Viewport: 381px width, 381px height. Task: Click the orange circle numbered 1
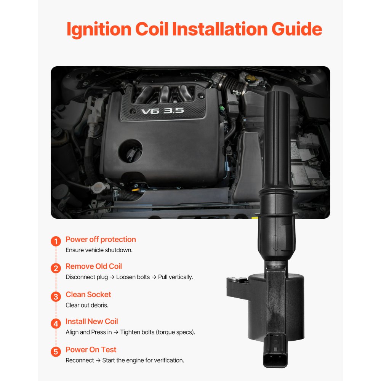[56, 242]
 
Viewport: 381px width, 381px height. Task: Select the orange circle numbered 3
[56, 296]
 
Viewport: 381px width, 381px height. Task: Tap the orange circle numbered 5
[56, 351]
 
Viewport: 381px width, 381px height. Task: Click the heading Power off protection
[101, 239]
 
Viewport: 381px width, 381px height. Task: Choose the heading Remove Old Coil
[94, 266]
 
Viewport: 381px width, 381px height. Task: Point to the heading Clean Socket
[88, 295]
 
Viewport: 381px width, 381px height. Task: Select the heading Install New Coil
[91, 321]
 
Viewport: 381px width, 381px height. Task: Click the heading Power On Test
[91, 349]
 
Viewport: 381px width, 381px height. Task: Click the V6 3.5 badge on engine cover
[162, 111]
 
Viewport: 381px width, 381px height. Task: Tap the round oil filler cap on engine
[130, 152]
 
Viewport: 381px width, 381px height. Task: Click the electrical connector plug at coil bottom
[275, 349]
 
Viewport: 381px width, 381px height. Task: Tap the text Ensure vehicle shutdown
[99, 250]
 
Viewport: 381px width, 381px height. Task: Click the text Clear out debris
[87, 305]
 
